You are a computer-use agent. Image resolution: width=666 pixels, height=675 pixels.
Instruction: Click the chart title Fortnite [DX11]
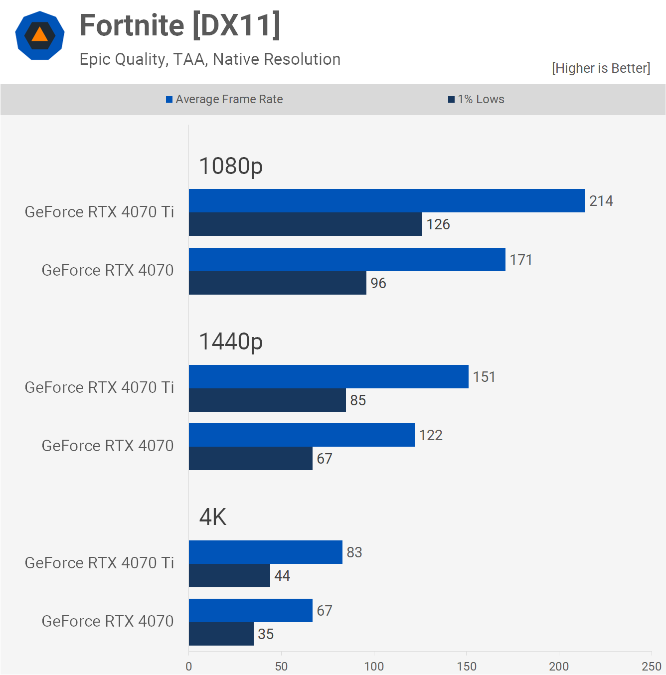pos(180,25)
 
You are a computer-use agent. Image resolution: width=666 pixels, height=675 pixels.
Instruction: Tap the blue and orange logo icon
pos(40,35)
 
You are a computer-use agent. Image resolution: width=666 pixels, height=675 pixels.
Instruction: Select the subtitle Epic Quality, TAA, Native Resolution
pos(210,59)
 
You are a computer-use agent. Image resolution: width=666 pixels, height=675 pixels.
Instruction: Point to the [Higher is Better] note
pos(601,68)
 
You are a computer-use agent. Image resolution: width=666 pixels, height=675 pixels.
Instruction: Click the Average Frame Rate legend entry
pos(224,99)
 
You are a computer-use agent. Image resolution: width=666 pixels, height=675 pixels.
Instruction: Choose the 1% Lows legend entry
pos(476,99)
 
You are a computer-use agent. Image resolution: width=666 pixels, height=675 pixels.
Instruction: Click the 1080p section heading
pos(231,166)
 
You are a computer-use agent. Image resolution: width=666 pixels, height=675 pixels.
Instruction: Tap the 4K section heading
pos(213,517)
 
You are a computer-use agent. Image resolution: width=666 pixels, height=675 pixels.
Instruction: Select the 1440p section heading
pos(231,341)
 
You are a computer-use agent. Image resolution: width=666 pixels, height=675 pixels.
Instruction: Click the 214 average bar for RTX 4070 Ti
pos(386,201)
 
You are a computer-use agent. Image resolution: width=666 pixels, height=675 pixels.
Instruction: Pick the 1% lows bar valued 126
pos(305,224)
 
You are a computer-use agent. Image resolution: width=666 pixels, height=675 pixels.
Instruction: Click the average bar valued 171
pos(346,260)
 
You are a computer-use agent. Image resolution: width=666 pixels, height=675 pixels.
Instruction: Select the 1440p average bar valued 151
pos(329,377)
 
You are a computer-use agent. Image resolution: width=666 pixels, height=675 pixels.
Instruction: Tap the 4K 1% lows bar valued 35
pos(221,634)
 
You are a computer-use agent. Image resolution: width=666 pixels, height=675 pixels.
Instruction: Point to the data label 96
pos(378,283)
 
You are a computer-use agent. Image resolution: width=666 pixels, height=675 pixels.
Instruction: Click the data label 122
pos(431,435)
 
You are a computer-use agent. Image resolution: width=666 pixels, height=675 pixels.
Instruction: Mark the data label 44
pos(282,576)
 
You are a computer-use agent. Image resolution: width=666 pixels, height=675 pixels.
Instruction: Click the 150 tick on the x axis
pos(467,667)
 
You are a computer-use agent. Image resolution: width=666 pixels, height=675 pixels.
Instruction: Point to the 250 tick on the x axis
pos(651,667)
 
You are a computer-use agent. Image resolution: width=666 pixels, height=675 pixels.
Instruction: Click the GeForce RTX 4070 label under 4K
pos(108,621)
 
